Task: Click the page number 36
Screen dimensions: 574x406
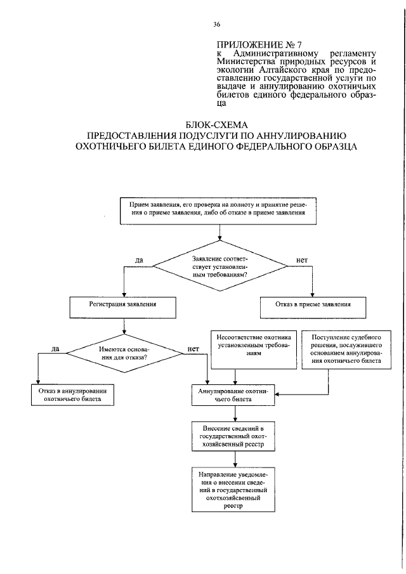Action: (217, 25)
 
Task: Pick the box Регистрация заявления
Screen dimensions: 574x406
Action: (123, 304)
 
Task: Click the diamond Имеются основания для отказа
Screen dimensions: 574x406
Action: (124, 353)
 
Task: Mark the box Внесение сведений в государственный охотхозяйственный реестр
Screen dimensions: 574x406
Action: (234, 436)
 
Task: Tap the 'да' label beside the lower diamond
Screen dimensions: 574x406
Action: (55, 348)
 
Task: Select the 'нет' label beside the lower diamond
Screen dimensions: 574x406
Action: (194, 348)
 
